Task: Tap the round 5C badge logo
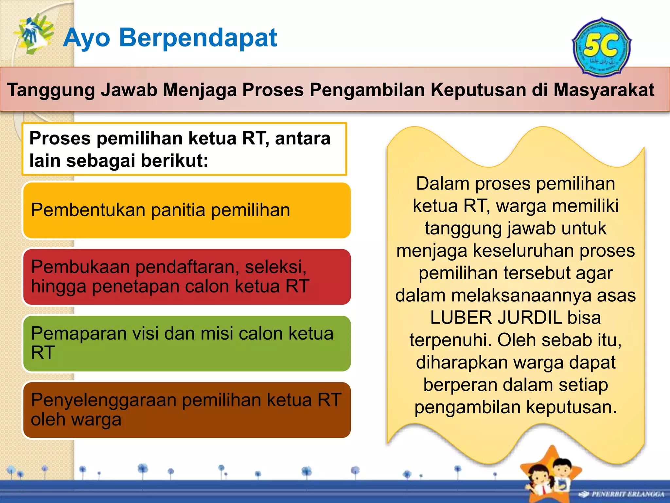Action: click(x=601, y=48)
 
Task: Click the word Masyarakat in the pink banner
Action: click(x=604, y=90)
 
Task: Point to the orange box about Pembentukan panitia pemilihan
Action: click(x=186, y=210)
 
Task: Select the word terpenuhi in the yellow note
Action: click(x=450, y=340)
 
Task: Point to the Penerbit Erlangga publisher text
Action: click(x=627, y=494)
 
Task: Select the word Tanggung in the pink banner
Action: click(x=51, y=90)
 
